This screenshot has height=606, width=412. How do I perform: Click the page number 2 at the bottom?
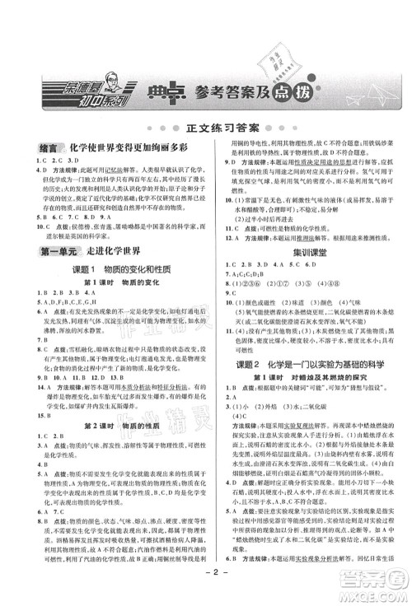207,589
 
